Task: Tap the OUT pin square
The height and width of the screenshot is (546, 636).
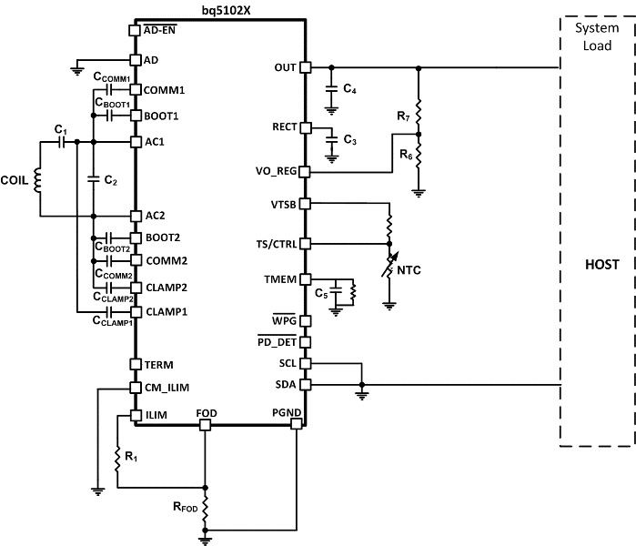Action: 306,67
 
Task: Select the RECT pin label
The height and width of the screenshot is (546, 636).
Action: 284,126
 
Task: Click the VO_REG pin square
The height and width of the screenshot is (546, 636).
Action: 306,171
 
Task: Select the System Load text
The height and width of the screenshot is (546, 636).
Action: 597,35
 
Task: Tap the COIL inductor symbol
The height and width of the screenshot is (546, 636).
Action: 38,180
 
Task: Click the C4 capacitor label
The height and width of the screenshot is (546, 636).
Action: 350,89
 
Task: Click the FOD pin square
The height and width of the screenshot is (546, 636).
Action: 207,423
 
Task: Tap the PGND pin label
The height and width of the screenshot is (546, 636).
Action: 286,412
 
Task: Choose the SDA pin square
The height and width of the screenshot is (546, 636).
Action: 306,384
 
